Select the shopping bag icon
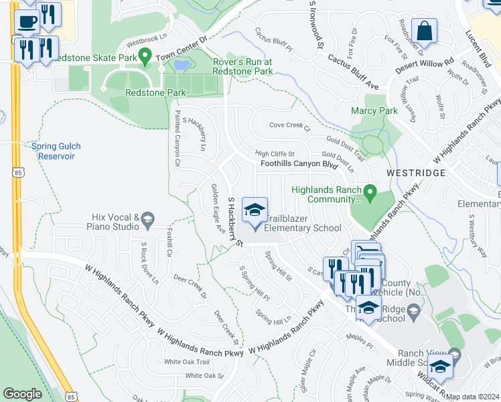click(x=425, y=31)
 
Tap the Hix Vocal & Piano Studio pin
click(x=148, y=218)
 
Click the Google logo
click(x=23, y=394)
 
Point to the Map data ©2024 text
click(x=472, y=397)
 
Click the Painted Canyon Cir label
click(x=177, y=139)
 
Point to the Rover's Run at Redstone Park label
click(x=242, y=66)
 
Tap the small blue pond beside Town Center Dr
click(x=181, y=65)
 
